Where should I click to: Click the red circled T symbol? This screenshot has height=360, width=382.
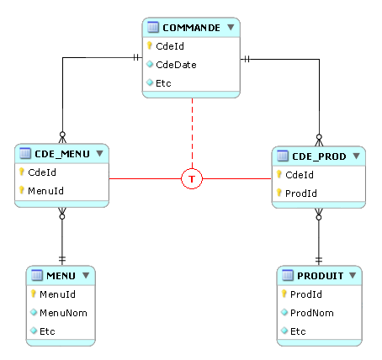(x=192, y=178)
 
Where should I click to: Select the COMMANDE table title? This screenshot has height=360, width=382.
(x=192, y=28)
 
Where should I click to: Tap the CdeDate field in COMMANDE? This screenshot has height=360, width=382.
(x=176, y=65)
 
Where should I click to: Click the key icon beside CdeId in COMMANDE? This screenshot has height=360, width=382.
(x=150, y=45)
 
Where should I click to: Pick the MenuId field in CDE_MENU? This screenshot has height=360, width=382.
(x=45, y=191)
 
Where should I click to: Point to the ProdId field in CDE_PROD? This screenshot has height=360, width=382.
(x=301, y=193)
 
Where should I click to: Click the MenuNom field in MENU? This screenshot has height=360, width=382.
(x=63, y=313)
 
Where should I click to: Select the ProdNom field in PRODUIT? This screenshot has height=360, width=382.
(x=312, y=313)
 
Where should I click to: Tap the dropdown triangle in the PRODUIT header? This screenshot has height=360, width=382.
(x=353, y=275)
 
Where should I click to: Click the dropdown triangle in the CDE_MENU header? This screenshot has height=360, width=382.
(x=99, y=153)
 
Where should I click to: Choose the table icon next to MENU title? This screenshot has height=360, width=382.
(x=37, y=275)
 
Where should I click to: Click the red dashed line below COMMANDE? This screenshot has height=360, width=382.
(x=192, y=133)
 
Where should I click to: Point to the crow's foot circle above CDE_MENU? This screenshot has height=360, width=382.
(x=62, y=135)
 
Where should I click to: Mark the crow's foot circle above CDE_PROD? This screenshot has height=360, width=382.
(x=319, y=137)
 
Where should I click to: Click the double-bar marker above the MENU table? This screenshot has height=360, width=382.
(x=62, y=259)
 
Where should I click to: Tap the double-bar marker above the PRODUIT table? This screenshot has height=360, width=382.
(x=319, y=260)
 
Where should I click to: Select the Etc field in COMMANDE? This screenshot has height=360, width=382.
(x=163, y=83)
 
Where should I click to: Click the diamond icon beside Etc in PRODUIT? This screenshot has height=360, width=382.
(x=284, y=331)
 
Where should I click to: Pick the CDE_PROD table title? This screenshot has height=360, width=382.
(x=319, y=156)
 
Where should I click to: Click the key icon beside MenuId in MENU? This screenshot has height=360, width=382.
(x=33, y=294)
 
